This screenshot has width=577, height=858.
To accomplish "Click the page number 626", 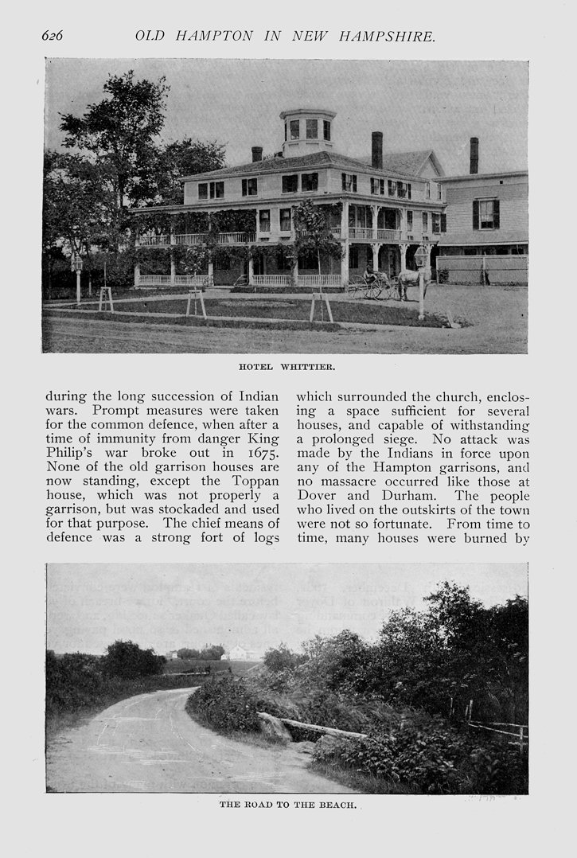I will tap(53, 36).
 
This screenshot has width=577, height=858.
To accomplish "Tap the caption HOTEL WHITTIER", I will tap(287, 367).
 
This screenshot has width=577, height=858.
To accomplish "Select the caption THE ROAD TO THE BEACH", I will tap(287, 805).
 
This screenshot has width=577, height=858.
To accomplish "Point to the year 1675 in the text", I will tap(261, 452).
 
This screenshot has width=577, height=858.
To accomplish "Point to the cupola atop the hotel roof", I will tap(308, 130).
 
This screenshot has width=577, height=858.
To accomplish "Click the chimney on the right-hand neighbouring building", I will tap(474, 154).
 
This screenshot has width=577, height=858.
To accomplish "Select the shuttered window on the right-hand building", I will tap(485, 213).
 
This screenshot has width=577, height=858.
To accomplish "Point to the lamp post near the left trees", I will tap(77, 275).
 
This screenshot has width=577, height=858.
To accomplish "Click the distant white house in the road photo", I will tap(238, 653).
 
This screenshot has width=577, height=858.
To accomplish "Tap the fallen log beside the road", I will tap(322, 727).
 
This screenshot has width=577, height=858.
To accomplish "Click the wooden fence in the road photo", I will tap(497, 726).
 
